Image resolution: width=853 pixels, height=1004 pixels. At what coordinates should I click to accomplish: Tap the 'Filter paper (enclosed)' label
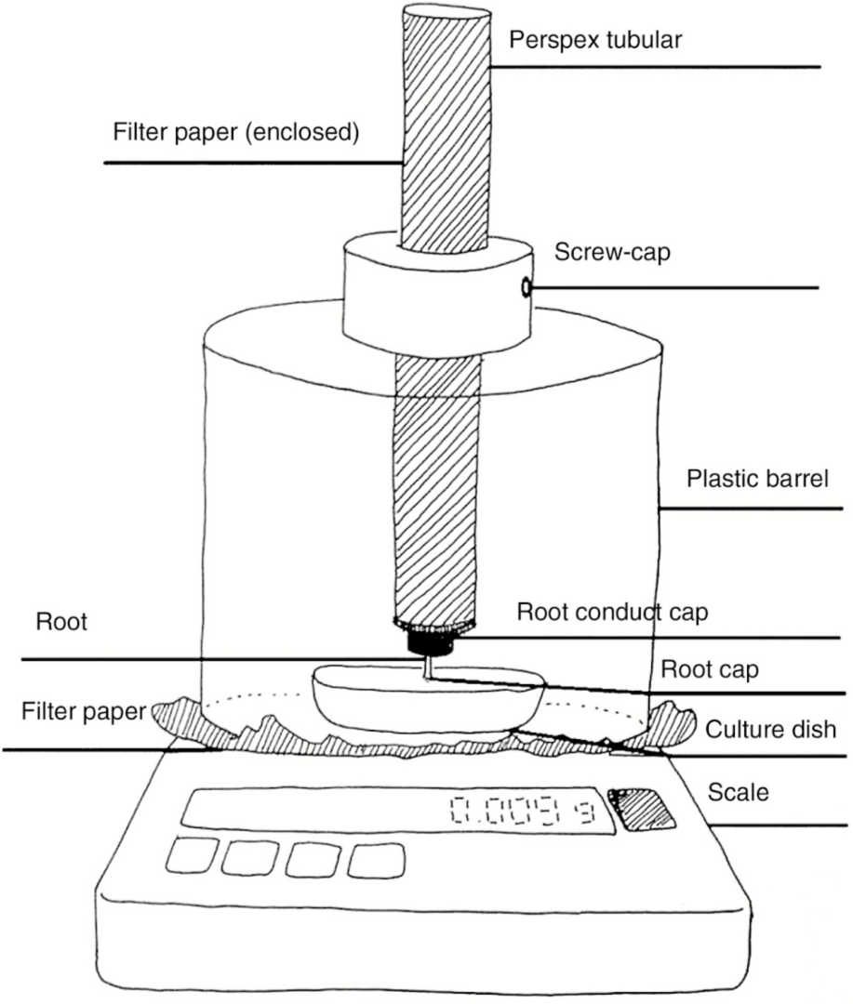pyautogui.click(x=234, y=133)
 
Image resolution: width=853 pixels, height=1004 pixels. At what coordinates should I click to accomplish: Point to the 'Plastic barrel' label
pyautogui.click(x=755, y=480)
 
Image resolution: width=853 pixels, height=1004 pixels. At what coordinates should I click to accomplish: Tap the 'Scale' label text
pyautogui.click(x=739, y=792)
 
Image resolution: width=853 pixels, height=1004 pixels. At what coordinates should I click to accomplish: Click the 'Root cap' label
pyautogui.click(x=697, y=669)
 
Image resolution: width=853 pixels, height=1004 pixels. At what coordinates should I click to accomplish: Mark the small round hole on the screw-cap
pyautogui.click(x=527, y=289)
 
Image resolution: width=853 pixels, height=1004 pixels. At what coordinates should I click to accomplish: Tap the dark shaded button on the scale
pyautogui.click(x=644, y=808)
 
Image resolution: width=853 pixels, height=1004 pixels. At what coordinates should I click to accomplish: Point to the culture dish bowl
pyautogui.click(x=427, y=702)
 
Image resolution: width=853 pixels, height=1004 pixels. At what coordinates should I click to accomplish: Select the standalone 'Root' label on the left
pyautogui.click(x=61, y=622)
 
